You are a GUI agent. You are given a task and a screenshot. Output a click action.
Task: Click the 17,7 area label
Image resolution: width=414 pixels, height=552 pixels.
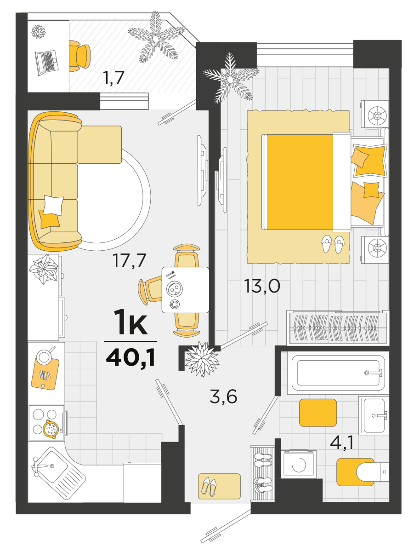pos(129,260)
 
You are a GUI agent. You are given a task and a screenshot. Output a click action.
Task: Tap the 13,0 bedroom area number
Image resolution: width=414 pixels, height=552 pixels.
pos(262,286)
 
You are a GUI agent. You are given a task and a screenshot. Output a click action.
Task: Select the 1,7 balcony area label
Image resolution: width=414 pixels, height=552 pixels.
pos(113,78)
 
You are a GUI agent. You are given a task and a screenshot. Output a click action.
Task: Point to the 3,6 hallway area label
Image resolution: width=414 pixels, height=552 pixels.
pos(223,397)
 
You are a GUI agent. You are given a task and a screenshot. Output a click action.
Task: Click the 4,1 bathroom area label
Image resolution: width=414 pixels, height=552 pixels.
pos(342,443)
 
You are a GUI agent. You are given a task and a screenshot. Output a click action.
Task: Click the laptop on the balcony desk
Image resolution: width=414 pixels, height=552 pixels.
pos(47,63)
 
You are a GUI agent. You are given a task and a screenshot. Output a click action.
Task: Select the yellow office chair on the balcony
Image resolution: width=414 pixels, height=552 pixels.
pos(79,56)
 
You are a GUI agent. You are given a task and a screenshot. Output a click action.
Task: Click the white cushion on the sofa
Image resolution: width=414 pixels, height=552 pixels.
pos(53,206)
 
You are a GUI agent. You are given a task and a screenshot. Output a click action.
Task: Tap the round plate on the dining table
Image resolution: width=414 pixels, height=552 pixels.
pos(174,289)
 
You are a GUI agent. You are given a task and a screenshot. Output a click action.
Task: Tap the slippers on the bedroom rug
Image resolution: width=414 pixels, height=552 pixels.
pos(332,244)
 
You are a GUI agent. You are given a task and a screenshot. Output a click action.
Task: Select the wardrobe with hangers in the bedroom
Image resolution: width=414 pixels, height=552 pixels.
pos(338,328)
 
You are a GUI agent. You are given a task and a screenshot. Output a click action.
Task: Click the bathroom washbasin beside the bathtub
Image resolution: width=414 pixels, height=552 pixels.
pos(374,415)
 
